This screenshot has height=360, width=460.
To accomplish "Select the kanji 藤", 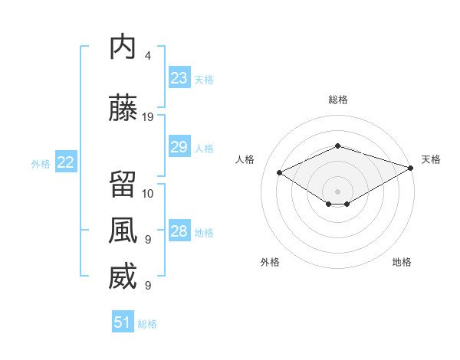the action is coord(123,107).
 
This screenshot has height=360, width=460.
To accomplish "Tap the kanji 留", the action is coord(123,184).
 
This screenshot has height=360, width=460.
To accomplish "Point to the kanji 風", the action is coord(123,230).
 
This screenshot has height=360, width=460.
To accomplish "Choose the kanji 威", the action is coord(123,276).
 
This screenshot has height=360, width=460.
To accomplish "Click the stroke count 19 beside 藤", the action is coord(147,117).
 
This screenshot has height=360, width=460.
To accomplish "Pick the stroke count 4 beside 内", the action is coord(147,56).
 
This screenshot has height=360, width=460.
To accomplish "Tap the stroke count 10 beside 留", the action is coord(147,194).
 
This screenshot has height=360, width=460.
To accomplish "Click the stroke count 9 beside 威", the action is coord(148,286).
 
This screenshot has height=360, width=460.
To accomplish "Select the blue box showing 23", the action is coord(179,77).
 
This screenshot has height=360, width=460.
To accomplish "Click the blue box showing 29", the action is coord(179,146).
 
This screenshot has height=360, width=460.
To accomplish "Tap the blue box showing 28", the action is coord(179,230).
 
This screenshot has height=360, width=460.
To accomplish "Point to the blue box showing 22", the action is coord(66,162).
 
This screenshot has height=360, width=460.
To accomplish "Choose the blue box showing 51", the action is coord(123,321).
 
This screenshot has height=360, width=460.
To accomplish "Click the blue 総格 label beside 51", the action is coord(147,324).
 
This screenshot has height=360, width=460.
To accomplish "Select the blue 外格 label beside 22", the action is coord(41,164).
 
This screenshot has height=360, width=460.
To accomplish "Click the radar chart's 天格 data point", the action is coord(411,168).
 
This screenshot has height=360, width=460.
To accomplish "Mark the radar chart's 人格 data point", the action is coord(280,172).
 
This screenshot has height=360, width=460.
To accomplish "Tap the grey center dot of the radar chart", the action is coord(337,191).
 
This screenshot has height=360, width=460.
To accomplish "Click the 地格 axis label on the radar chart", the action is coord(402,262).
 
